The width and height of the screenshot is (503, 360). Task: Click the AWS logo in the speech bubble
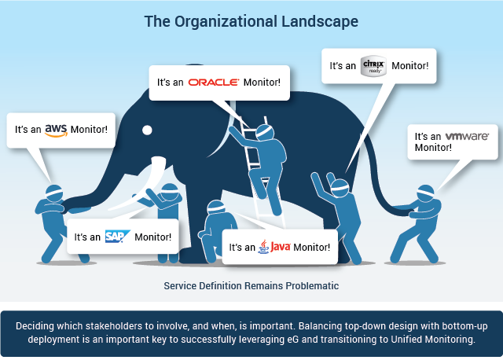[56, 130]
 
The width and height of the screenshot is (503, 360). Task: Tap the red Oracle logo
[214, 83]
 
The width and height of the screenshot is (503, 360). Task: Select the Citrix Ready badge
[373, 66]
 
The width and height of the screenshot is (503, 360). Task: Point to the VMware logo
[467, 136]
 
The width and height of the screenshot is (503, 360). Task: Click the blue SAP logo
[118, 237]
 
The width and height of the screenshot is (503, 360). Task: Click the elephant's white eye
[147, 130]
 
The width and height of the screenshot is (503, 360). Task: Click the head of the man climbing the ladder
[265, 133]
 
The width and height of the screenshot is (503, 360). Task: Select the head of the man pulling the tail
[425, 193]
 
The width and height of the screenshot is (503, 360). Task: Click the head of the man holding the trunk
[54, 193]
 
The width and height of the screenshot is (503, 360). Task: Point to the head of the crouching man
[216, 208]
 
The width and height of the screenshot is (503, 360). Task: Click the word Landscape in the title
[320, 22]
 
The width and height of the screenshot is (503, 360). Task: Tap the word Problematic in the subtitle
[312, 285]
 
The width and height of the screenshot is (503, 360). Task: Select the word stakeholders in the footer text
[114, 326]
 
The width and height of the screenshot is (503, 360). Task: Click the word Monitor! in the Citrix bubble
[410, 66]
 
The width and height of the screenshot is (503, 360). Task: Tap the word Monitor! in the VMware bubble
[433, 148]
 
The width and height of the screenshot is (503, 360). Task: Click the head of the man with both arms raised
[340, 189]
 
